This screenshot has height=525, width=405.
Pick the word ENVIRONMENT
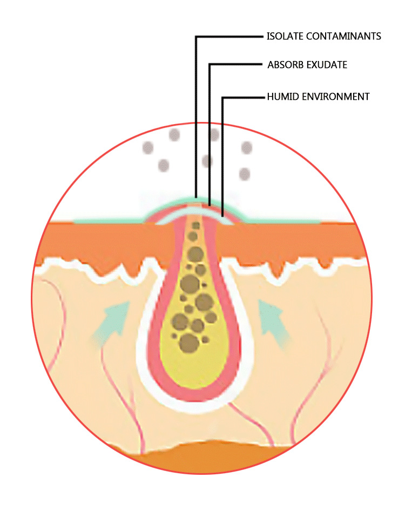point(335,97)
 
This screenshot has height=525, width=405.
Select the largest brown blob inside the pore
point(190,283)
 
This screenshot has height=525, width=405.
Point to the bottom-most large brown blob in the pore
point(187,342)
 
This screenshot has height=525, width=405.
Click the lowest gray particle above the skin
point(244,174)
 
